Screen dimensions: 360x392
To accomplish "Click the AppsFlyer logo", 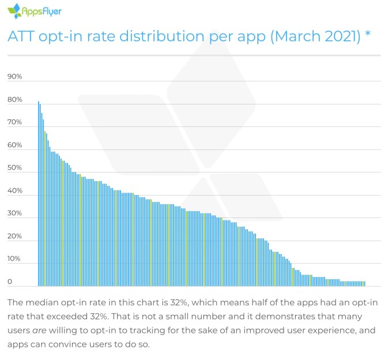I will coord(34,11).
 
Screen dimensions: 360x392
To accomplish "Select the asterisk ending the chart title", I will coord(367,35).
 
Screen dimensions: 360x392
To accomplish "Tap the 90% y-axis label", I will coord(14,77).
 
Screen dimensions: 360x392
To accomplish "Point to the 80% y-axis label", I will coord(14,100).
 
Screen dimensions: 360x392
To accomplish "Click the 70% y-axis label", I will coord(14,122).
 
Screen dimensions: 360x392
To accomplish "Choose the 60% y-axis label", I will coord(14,145).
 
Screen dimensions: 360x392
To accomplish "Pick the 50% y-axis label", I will coord(14,168).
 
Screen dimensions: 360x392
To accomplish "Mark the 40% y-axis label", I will coord(14,191).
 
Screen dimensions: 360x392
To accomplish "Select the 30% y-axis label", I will coord(14,213).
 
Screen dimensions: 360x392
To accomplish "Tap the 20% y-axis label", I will coord(14,237).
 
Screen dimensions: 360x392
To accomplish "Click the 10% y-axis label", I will coord(14,259).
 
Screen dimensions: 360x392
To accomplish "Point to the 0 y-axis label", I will coord(10,282).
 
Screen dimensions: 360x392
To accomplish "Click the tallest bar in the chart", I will coord(39,194).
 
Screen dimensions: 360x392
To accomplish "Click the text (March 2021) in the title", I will coord(311,36).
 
